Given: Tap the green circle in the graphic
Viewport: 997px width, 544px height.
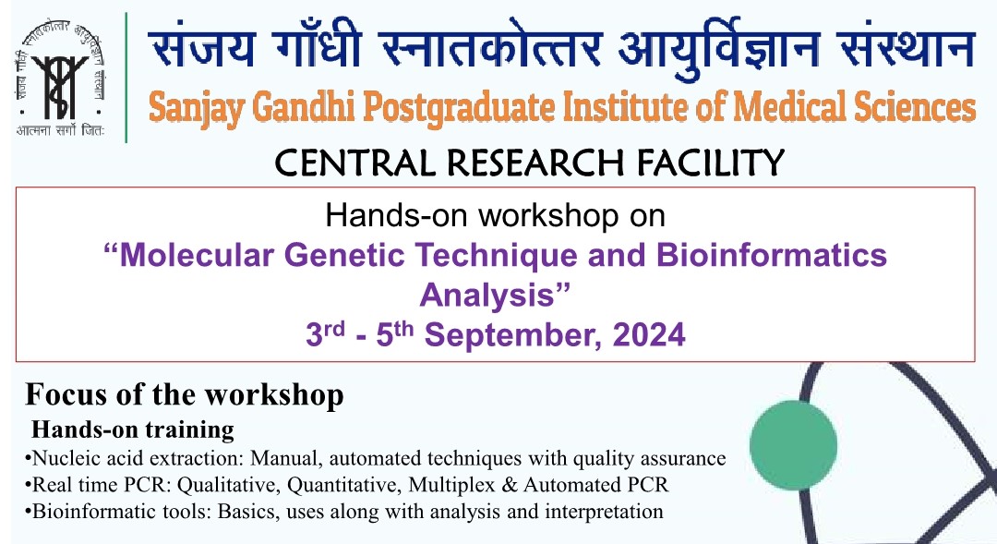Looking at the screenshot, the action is (x=793, y=445).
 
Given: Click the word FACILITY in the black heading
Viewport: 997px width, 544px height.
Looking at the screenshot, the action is (x=710, y=163).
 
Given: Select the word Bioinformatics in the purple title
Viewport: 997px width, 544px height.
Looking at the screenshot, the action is (x=771, y=255).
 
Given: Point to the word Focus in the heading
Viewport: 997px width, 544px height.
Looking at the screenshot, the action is (x=66, y=394).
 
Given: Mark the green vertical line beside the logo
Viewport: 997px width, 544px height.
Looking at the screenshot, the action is (x=126, y=78).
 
